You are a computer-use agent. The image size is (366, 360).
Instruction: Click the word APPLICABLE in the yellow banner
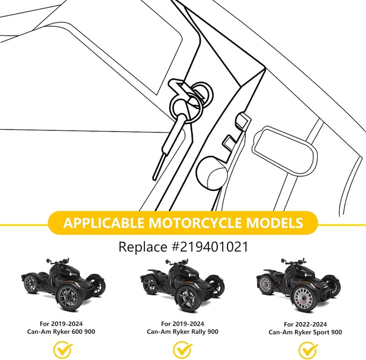104,223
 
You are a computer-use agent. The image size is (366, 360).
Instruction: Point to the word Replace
143,247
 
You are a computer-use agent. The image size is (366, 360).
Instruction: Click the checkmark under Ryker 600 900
63,349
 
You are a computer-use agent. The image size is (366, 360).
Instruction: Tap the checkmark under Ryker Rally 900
183,349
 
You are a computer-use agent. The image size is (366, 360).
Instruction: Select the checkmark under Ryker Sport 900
308,350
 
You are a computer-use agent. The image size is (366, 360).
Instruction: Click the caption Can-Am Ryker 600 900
61,332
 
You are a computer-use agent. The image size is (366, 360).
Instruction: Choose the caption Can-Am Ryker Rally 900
183,332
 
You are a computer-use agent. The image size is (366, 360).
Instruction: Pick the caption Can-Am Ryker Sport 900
305,332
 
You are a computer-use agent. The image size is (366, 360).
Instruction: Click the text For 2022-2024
305,324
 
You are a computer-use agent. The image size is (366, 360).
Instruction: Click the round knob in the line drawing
212,172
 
